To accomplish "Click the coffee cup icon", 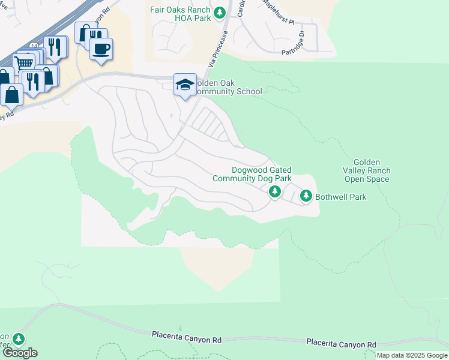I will click(x=101, y=49).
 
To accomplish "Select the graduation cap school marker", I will click(x=184, y=84).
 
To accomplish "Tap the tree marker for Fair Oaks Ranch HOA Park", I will click(x=220, y=11).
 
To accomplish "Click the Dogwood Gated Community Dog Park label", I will click(x=252, y=175).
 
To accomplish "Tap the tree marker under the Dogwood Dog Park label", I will click(x=275, y=191).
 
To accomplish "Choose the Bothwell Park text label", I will click(x=341, y=197).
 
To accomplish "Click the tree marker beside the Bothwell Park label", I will click(x=306, y=196).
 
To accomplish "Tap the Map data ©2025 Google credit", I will click(x=412, y=355).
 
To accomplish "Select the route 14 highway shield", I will click(x=34, y=46).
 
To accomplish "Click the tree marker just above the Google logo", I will click(x=19, y=340).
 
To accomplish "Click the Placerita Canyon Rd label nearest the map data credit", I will click(x=341, y=344).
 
